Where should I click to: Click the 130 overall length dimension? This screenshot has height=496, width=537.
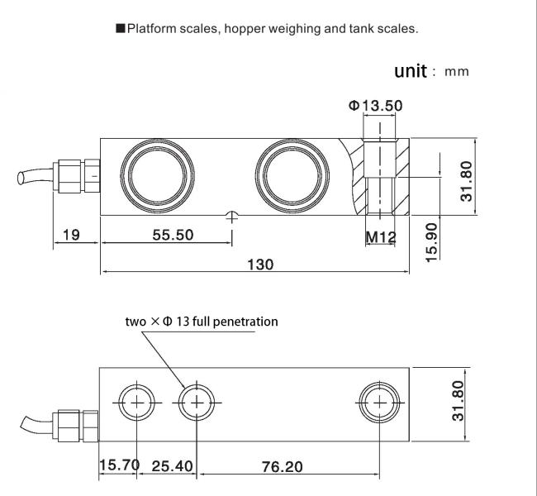[x=260, y=265]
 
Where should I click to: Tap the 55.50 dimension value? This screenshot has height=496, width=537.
[x=173, y=235]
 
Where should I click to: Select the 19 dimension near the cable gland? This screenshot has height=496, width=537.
[x=71, y=235]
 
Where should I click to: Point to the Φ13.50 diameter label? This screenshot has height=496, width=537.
[x=375, y=106]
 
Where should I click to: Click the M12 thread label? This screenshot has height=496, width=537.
[x=381, y=237]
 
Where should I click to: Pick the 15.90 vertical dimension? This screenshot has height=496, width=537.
[x=431, y=242]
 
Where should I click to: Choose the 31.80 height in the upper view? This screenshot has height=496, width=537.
[x=467, y=181]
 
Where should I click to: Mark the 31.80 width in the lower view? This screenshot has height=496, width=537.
[x=458, y=401]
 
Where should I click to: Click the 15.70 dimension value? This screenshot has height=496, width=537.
[x=119, y=465]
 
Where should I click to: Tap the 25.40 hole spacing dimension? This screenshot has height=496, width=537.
[x=173, y=466]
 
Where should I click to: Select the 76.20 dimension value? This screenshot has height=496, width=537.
[x=283, y=467]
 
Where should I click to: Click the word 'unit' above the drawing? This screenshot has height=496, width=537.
[x=411, y=71]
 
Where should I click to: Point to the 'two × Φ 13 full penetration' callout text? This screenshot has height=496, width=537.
[x=202, y=322]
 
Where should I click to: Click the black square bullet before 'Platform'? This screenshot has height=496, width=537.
[x=121, y=28]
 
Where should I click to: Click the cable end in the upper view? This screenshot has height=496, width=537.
[x=21, y=179]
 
